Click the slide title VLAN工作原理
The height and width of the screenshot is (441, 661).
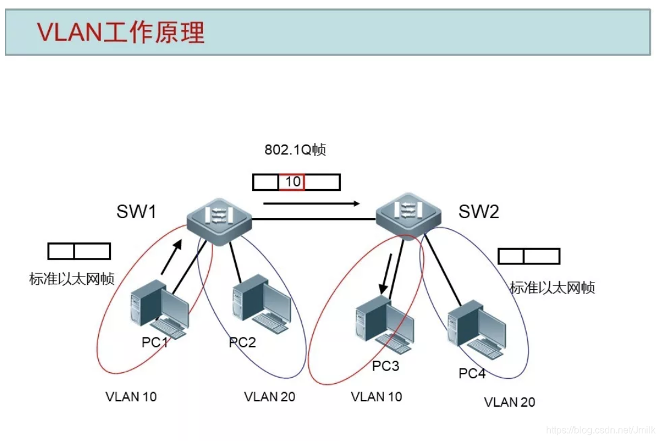click(x=121, y=32)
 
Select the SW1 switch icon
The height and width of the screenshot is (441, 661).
click(x=218, y=220)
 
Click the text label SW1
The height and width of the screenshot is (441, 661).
click(x=137, y=212)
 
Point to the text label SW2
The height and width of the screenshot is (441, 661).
click(x=479, y=211)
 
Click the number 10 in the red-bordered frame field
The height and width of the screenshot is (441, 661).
click(x=292, y=182)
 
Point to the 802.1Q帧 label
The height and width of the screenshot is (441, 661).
click(x=295, y=150)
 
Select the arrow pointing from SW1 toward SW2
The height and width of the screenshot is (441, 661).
click(x=311, y=204)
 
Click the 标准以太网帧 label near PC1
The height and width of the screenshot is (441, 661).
click(x=72, y=279)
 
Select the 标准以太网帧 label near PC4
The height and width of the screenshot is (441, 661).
click(x=552, y=288)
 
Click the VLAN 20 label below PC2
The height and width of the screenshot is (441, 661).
click(x=270, y=397)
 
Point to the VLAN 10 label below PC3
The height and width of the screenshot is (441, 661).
click(x=376, y=396)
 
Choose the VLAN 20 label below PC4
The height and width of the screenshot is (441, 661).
click(x=509, y=402)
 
